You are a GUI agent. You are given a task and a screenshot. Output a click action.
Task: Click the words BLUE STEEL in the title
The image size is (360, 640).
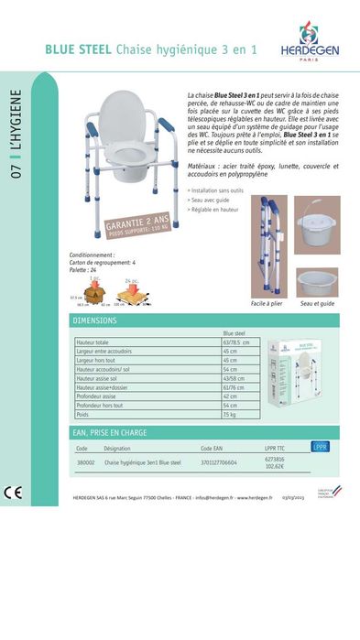(x=79, y=51)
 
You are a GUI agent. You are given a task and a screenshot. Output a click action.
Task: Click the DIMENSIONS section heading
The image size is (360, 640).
(x=95, y=321)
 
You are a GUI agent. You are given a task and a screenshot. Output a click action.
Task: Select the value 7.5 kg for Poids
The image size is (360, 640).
(x=230, y=414)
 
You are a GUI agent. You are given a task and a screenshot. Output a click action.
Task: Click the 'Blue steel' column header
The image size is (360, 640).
(x=235, y=333)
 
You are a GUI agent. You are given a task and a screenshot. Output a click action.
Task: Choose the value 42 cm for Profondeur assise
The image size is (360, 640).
(x=230, y=396)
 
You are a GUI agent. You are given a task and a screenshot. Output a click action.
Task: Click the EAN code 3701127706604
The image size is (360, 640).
(x=219, y=463)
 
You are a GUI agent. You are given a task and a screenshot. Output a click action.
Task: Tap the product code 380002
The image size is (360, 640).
(x=85, y=463)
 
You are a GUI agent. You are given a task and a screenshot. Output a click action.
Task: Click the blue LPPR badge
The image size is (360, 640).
(x=320, y=448)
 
